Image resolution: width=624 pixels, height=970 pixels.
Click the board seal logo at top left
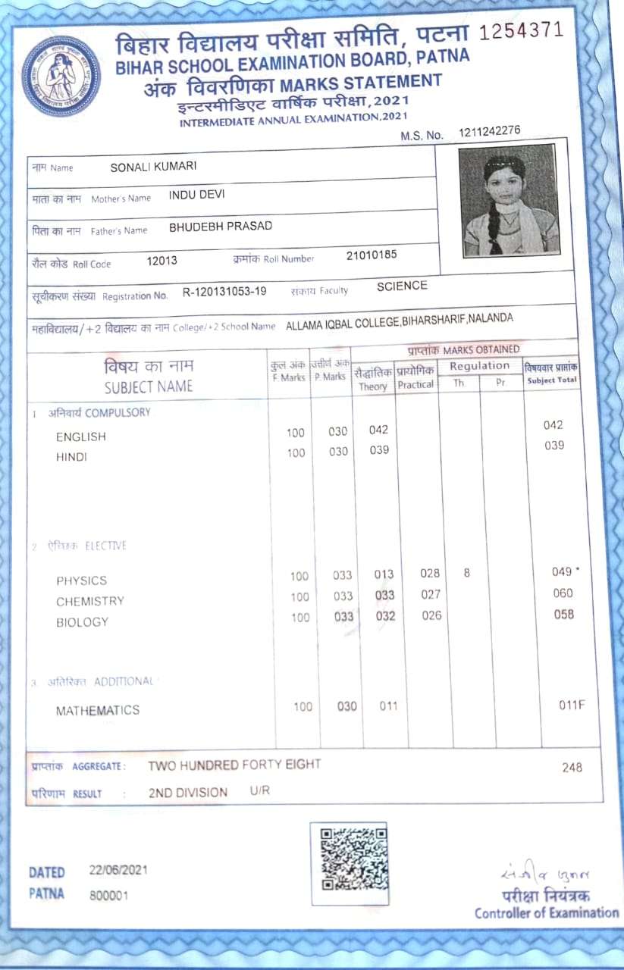pos(61,76)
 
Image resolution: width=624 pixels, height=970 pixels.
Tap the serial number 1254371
pos(522,30)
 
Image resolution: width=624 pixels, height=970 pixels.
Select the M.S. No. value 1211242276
pos(489,132)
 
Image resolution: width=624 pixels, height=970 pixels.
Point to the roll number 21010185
pos(372,255)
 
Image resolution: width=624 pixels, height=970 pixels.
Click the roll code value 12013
pos(161,261)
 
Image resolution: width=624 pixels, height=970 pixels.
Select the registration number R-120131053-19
pos(224,292)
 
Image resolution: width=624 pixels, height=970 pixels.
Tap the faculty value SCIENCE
pos(402,286)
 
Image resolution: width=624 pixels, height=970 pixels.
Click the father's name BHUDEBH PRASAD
pos(221,227)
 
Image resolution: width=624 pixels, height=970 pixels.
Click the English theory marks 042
pos(378,430)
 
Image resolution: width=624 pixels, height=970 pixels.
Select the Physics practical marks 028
pos(430,574)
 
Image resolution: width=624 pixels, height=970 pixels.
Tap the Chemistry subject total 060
pos(563,593)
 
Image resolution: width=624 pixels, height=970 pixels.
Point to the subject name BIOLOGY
pos(82,622)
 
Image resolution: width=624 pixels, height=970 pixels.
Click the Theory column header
pos(372,386)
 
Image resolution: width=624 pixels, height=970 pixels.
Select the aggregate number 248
pos(572,768)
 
